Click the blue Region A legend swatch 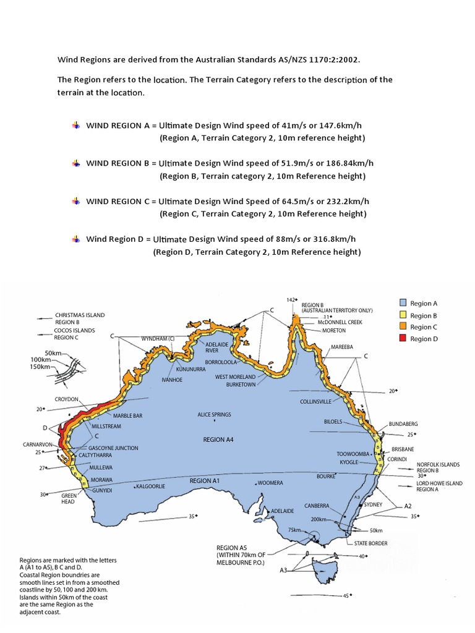tap(403, 304)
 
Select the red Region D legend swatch tap(403, 339)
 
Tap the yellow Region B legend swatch tap(403, 315)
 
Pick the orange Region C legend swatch tap(403, 327)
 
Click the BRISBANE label tap(402, 449)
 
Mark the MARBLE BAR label tap(127, 416)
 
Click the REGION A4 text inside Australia tap(218, 440)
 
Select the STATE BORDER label tap(371, 543)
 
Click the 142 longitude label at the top tap(291, 300)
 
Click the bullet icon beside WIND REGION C tap(76, 201)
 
